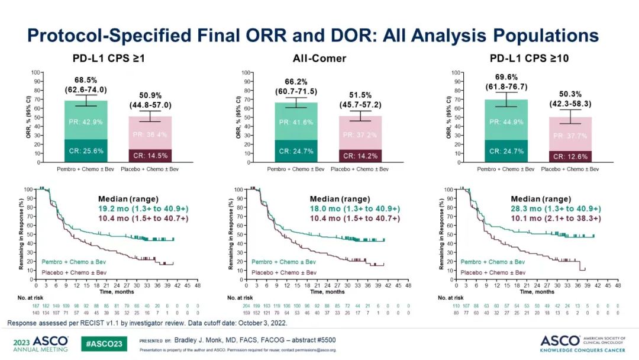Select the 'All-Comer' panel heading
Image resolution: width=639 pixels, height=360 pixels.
point(319,59)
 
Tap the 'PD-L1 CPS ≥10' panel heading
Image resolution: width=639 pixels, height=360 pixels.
point(525,59)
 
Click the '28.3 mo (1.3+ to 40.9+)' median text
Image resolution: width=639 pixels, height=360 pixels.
point(556,208)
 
